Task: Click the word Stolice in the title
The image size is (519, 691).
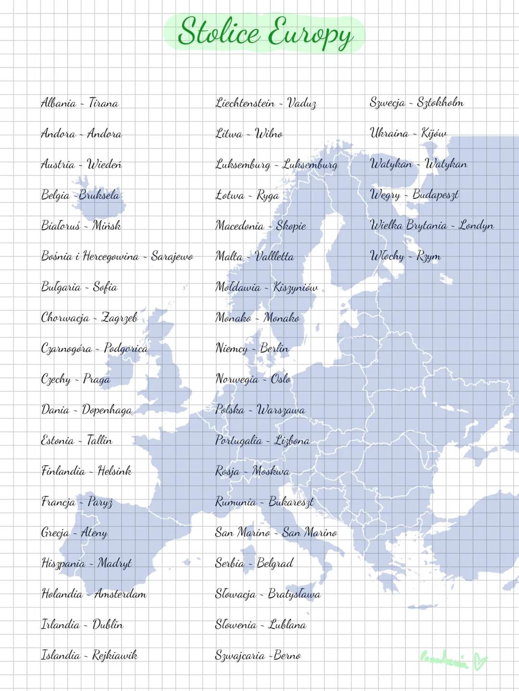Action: click(x=219, y=32)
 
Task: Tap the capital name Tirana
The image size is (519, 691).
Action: click(x=103, y=103)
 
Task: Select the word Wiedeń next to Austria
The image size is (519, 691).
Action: click(x=104, y=164)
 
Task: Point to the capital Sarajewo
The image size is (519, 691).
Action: click(x=172, y=256)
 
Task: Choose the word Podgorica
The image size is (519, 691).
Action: click(x=126, y=348)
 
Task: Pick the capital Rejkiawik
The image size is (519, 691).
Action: click(x=115, y=655)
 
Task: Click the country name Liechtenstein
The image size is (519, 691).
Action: click(x=245, y=103)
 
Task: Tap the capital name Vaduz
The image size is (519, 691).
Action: click(x=302, y=103)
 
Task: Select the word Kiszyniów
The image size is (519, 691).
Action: click(x=296, y=288)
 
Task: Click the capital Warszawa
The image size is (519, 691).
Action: click(x=281, y=410)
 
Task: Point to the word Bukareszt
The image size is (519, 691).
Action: click(x=291, y=502)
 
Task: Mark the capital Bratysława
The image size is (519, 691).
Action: click(x=294, y=594)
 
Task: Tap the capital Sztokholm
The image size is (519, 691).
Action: click(x=440, y=102)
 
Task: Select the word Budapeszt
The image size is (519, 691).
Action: click(x=435, y=194)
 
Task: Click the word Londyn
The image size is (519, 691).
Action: click(x=476, y=225)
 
